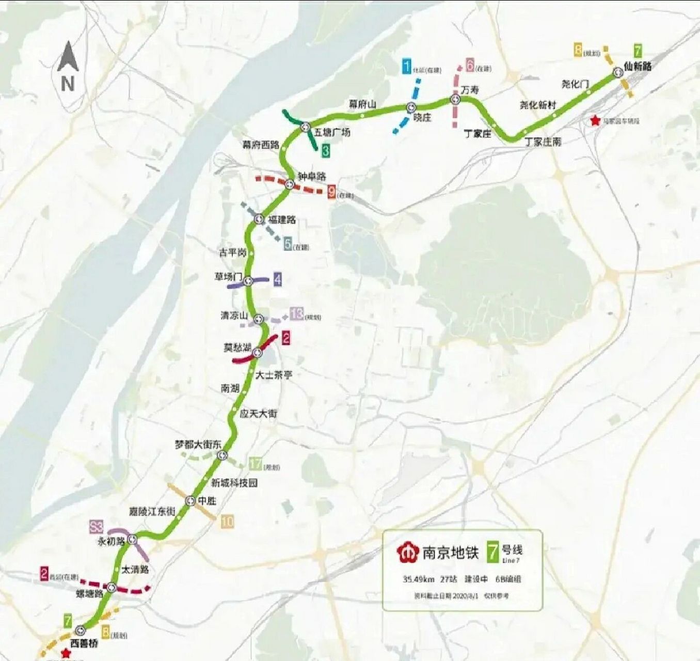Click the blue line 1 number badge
(407, 66)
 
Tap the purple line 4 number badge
(278, 279)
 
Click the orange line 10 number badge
(227, 522)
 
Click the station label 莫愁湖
(237, 348)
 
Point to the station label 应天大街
(259, 414)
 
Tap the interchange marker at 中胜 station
(190, 500)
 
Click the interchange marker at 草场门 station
(248, 281)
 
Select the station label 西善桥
(84, 644)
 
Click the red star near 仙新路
(595, 120)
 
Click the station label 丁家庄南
(543, 141)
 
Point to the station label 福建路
(281, 219)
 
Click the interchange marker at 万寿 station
(455, 99)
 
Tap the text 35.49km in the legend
(419, 579)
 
